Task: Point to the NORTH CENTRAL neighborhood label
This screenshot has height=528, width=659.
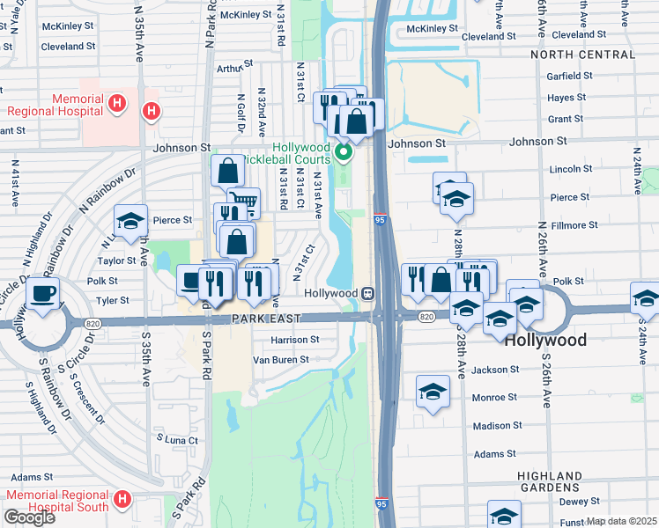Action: point(582,55)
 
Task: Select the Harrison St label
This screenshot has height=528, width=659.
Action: point(296,340)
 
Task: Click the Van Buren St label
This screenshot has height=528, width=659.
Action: point(281,359)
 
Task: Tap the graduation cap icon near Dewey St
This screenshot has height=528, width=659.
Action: point(504,515)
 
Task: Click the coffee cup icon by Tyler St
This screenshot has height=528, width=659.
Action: point(42,293)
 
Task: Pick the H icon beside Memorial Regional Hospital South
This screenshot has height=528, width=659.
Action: point(122,499)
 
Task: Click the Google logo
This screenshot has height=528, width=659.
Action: point(29,517)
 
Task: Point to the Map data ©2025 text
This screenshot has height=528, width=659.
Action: point(622,521)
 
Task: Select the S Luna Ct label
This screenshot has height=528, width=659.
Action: point(176,438)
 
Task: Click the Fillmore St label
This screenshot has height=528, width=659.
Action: point(574,225)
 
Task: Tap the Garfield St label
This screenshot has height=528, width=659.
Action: point(568,77)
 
